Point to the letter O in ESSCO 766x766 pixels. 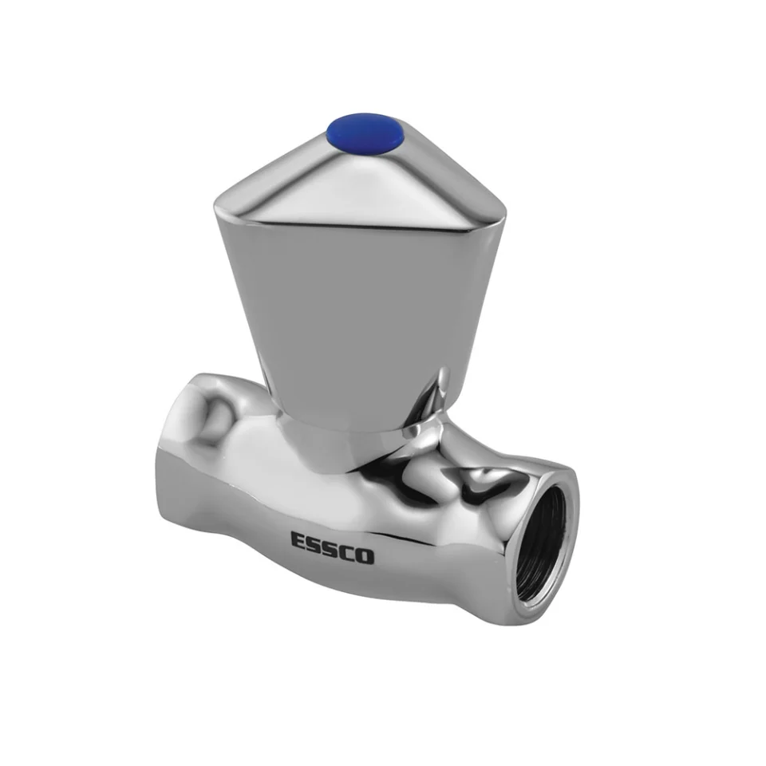point(365,556)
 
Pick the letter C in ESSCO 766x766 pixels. point(348,552)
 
